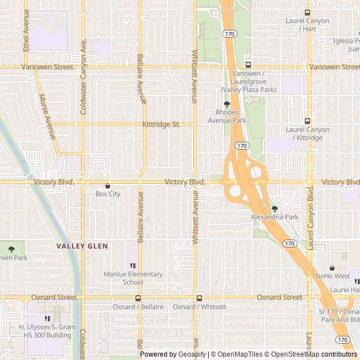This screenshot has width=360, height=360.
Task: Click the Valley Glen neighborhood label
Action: click(x=82, y=246)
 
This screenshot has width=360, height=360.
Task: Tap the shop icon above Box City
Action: click(x=107, y=186)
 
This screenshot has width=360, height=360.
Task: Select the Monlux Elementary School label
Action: click(x=133, y=278)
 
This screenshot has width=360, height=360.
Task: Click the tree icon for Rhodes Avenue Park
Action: click(x=227, y=104)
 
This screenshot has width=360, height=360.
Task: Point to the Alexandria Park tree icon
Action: click(x=274, y=209)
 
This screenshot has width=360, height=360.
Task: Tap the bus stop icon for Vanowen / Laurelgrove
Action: click(x=248, y=65)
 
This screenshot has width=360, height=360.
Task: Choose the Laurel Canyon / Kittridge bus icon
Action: click(x=307, y=121)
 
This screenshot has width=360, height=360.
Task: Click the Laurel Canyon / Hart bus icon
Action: click(x=307, y=12)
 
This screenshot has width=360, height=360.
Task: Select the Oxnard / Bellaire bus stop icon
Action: click(x=138, y=298)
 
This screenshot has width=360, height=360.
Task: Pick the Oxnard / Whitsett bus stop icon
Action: click(x=199, y=298)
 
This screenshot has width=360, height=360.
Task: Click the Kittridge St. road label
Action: click(x=161, y=124)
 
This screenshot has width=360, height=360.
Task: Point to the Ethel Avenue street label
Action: click(x=26, y=30)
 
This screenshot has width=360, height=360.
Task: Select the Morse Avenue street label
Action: click(x=47, y=116)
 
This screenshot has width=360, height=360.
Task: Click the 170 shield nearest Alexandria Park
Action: click(x=289, y=244)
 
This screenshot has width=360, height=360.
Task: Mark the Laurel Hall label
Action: click(x=345, y=290)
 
